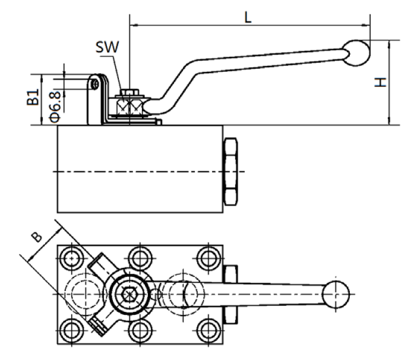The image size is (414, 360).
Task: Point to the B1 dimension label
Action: (33, 97)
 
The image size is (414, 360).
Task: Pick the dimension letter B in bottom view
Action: (36, 236)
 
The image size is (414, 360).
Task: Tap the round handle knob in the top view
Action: (336, 292)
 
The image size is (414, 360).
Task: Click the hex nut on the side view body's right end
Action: (231, 171)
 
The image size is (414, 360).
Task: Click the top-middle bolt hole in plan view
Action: (140, 258)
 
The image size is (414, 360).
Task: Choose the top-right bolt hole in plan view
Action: (207, 258)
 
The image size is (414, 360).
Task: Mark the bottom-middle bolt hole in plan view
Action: (140, 328)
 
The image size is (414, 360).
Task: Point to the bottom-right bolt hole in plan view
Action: (207, 328)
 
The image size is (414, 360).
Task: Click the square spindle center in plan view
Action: (130, 293)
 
